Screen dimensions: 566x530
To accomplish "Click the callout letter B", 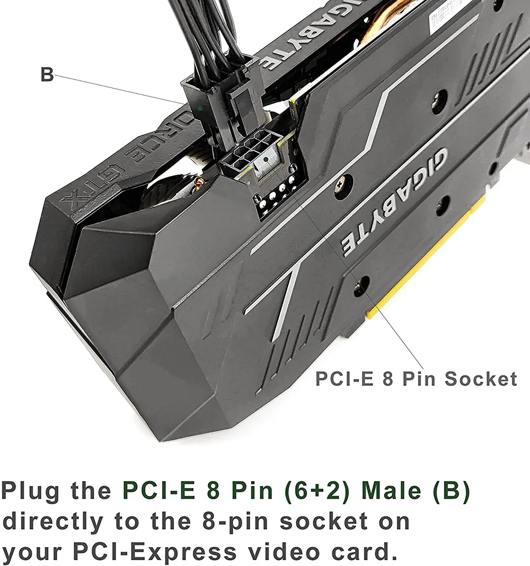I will (x=47, y=75).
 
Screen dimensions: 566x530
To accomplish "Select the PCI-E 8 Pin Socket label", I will (x=416, y=379).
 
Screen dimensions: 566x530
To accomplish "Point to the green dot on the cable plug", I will (x=200, y=108).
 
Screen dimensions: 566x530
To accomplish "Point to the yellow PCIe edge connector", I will (x=424, y=265).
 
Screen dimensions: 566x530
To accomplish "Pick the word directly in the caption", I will (x=53, y=521).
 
